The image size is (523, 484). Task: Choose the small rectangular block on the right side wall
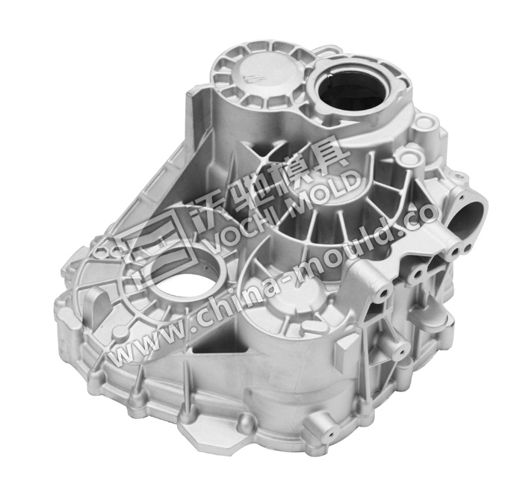(348, 345)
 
